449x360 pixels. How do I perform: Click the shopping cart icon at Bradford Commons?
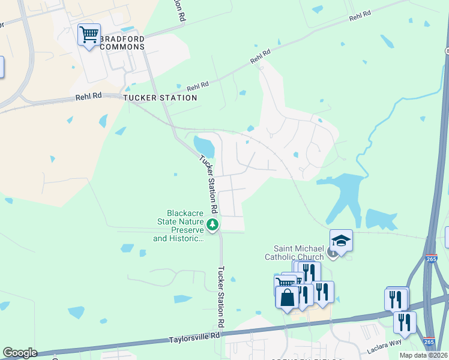pos(89,35)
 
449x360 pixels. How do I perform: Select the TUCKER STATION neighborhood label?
pos(160,97)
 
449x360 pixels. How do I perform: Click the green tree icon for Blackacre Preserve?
pos(212,224)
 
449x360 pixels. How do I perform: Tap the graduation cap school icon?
pos(341,241)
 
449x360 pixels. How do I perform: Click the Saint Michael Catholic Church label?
pos(298,253)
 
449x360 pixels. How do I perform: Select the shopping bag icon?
pos(287,297)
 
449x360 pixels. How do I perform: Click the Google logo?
pos(20,353)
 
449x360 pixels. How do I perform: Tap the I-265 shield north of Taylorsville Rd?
pos(431,259)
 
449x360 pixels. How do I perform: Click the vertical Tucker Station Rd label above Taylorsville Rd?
pos(221,296)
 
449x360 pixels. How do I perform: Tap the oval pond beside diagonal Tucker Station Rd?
pos(203,145)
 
